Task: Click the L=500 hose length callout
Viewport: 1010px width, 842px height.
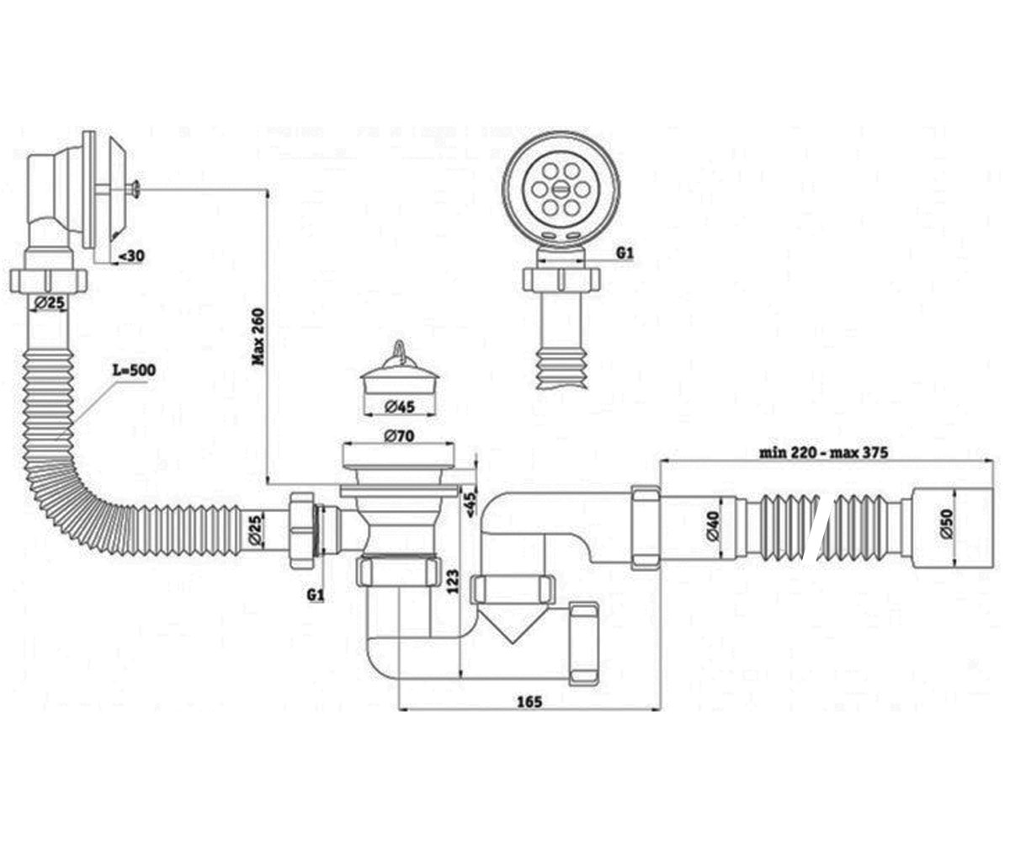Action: (134, 370)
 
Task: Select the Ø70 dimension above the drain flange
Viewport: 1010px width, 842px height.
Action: (399, 435)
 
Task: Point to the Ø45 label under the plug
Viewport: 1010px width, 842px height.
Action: (400, 407)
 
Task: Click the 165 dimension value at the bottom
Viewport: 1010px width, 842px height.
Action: (529, 701)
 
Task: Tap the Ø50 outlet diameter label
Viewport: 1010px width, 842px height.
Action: (946, 524)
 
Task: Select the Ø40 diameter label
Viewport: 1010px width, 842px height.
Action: (714, 526)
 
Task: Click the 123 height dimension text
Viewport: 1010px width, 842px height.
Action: (452, 581)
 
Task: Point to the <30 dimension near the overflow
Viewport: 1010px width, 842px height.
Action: (131, 256)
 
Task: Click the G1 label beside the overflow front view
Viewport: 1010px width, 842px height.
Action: (625, 253)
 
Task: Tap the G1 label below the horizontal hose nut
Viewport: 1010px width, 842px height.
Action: (315, 594)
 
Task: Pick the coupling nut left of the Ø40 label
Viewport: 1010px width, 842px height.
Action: (646, 526)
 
